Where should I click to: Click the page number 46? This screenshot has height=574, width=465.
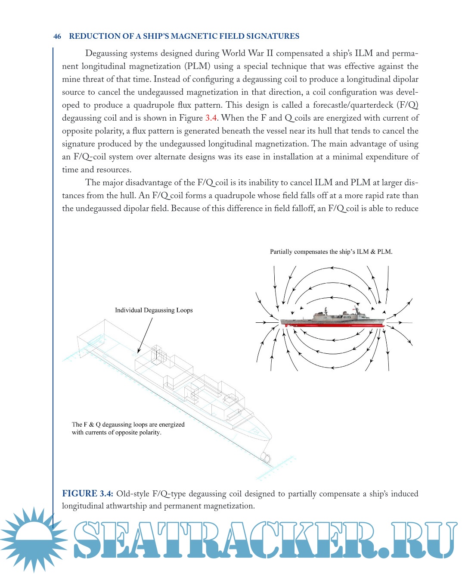click(57, 37)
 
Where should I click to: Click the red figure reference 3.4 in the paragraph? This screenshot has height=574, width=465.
click(211, 118)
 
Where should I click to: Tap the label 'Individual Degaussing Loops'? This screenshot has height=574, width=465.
click(154, 310)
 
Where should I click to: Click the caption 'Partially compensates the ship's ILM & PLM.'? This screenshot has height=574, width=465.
click(331, 252)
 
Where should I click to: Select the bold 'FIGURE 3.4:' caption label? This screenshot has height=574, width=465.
click(87, 494)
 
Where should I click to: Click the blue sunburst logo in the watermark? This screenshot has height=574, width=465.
click(33, 539)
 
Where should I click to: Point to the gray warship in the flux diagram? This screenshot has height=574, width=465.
click(332, 316)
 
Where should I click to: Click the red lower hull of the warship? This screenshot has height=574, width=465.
click(332, 324)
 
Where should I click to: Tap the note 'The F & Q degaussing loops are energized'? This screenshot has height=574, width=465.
click(128, 424)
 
